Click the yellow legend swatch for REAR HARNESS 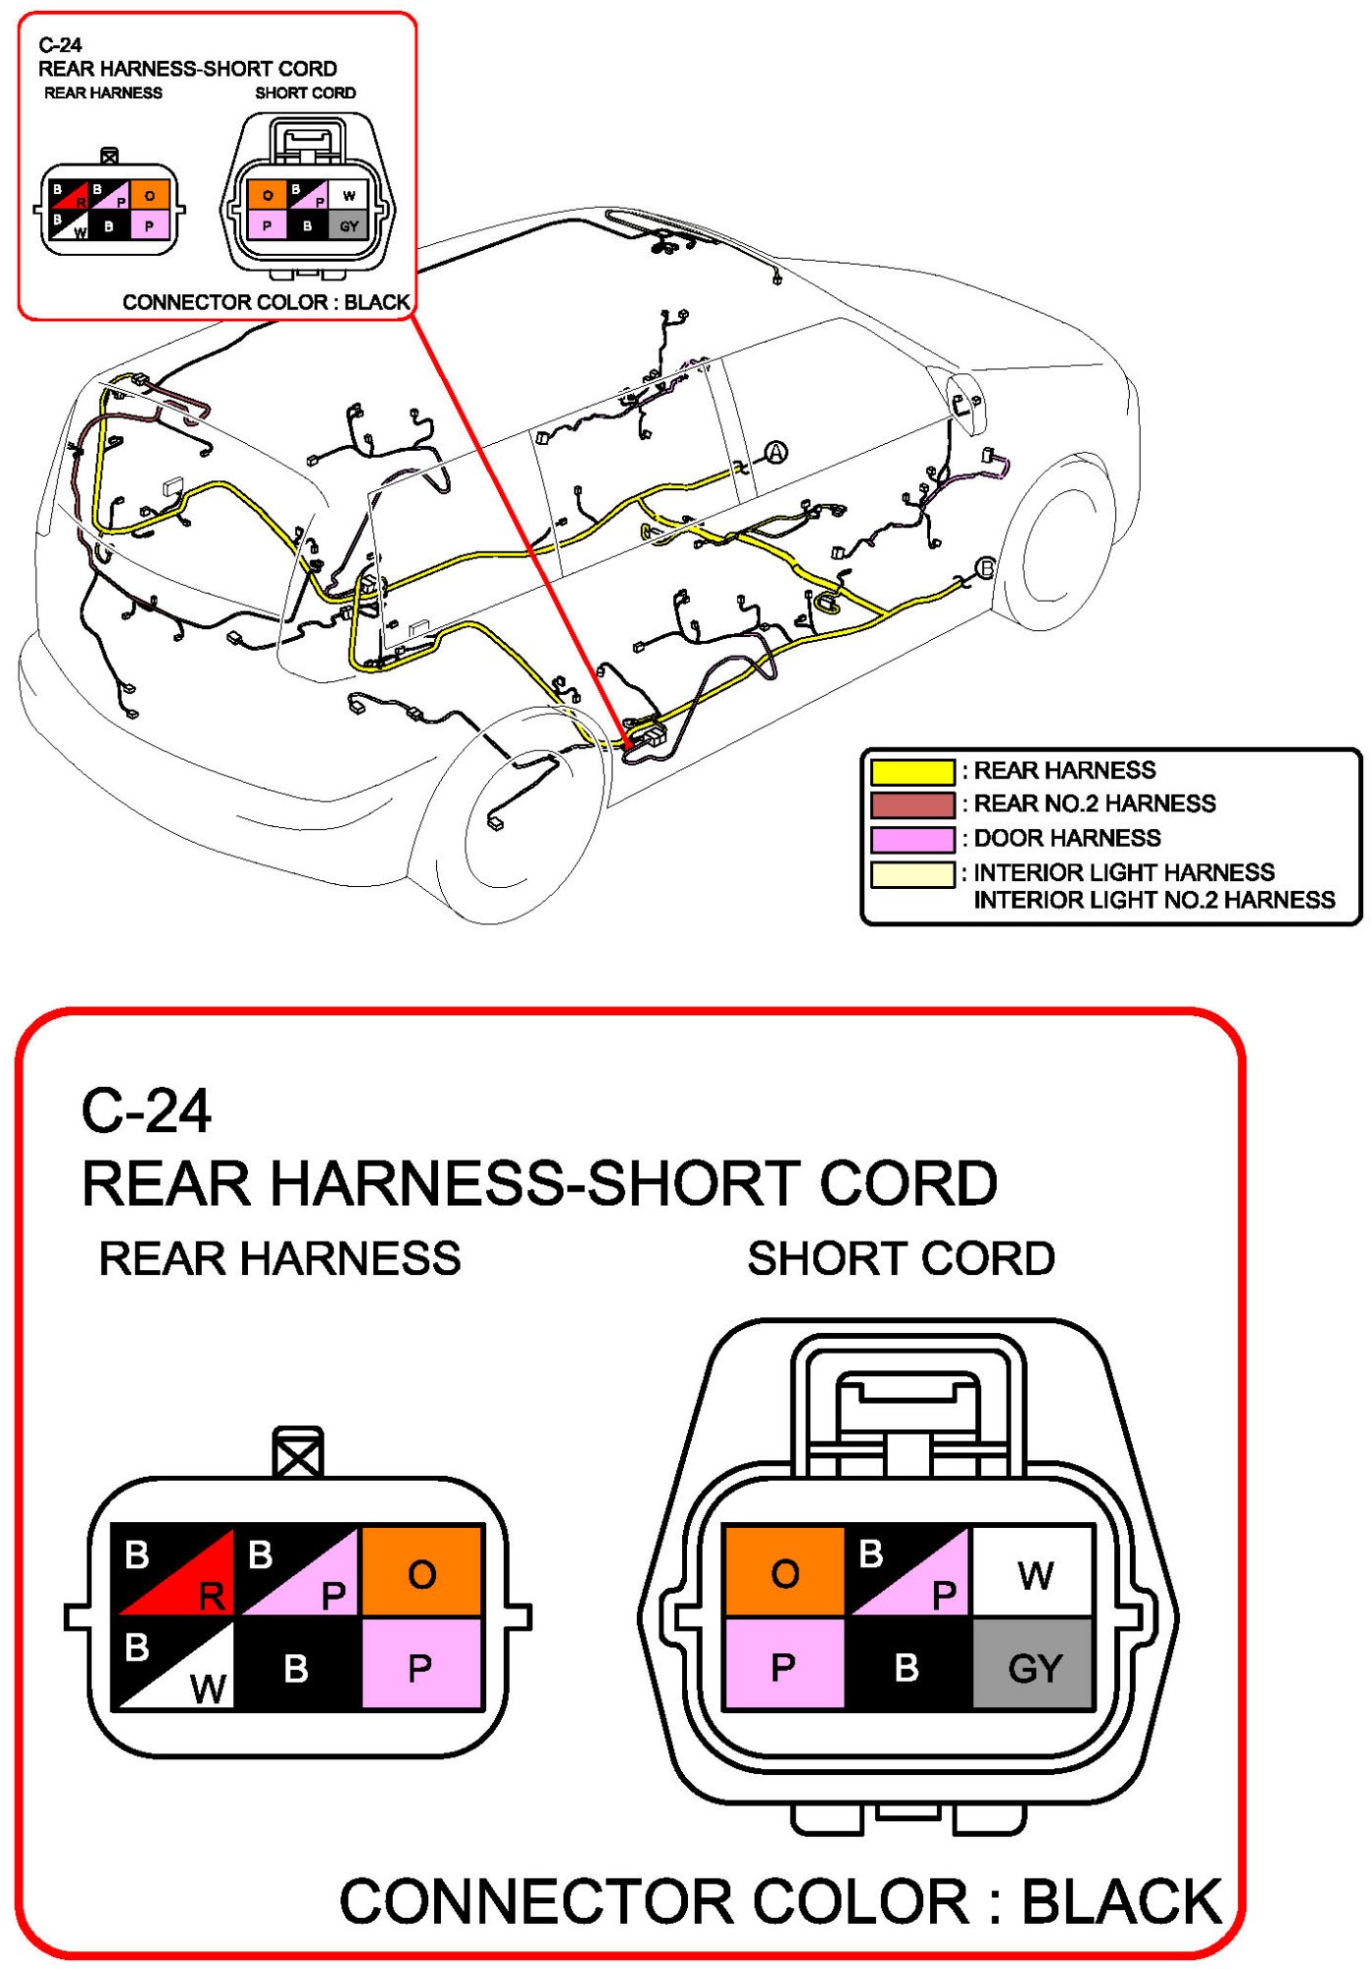point(911,771)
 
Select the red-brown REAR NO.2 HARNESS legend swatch point(911,804)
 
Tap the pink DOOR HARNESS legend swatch point(911,839)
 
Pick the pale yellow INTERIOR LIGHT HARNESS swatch point(911,873)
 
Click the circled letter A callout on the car point(777,452)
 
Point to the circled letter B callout point(985,568)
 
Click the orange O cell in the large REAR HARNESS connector point(422,1573)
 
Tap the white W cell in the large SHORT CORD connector point(1033,1573)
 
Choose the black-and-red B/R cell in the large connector point(175,1573)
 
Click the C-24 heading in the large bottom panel point(146,1111)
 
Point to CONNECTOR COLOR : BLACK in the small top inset point(266,302)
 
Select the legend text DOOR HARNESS point(1067,838)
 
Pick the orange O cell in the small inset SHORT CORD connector point(267,195)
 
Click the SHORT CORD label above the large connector point(901,1258)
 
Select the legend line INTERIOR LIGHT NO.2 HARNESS point(1154,900)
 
